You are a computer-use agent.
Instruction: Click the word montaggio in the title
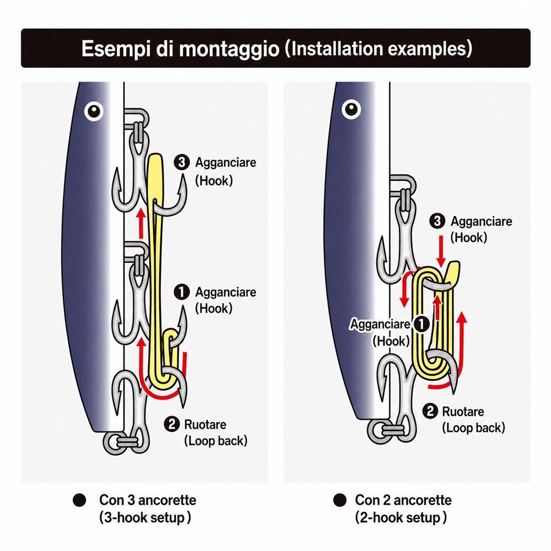click(x=229, y=48)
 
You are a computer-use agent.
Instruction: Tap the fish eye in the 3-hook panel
click(x=94, y=111)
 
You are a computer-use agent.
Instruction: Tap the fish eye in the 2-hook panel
click(x=351, y=109)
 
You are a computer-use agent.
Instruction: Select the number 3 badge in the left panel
click(x=182, y=163)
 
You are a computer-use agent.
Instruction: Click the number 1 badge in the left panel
click(x=182, y=292)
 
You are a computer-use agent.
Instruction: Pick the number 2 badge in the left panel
click(x=171, y=424)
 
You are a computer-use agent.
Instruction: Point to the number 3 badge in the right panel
click(x=437, y=221)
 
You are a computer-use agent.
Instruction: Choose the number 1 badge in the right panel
click(x=421, y=324)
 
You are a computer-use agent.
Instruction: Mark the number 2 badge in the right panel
click(x=430, y=411)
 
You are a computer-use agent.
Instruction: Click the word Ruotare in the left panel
click(x=205, y=424)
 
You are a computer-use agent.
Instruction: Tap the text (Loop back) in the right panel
click(x=473, y=428)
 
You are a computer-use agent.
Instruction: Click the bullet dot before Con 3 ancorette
click(x=79, y=500)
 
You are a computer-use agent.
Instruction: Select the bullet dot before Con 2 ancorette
click(x=340, y=500)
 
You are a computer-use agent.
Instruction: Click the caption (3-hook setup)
click(x=145, y=517)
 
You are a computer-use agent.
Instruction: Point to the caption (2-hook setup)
click(x=401, y=517)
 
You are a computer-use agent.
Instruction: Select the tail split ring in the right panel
click(x=381, y=430)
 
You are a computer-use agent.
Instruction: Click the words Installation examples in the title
click(x=378, y=48)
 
